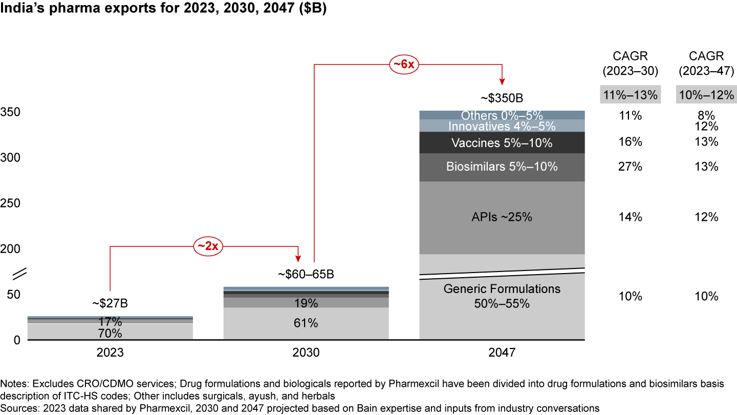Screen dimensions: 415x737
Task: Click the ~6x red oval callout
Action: [403, 65]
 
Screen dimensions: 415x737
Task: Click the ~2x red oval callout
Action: [208, 246]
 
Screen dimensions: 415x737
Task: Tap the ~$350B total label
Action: [502, 98]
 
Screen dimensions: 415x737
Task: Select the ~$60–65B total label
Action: [306, 275]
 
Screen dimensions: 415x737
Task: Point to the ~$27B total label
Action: [110, 304]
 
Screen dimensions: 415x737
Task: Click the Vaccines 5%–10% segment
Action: [502, 143]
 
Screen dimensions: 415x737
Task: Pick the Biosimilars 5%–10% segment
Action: [502, 167]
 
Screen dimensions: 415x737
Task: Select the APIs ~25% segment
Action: [502, 217]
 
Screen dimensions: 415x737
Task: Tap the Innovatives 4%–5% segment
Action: [502, 126]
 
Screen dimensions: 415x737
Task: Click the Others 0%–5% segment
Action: [502, 115]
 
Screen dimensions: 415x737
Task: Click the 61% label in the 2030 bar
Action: [306, 323]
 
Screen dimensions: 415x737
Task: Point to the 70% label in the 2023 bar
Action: [110, 334]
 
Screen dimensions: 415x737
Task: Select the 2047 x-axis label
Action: [502, 353]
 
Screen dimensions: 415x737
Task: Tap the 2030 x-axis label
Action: [306, 353]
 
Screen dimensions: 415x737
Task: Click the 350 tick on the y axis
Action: [10, 112]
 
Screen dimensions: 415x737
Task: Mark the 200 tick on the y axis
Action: [10, 249]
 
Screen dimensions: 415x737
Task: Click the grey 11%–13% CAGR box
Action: [631, 95]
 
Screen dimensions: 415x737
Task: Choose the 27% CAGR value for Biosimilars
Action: [631, 167]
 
